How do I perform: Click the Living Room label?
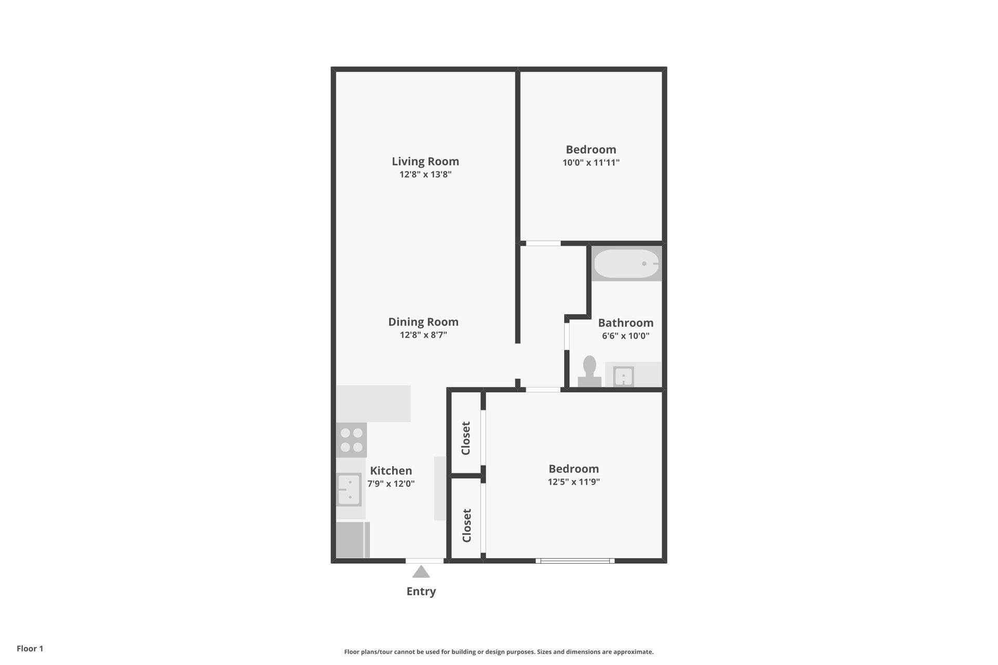(425, 161)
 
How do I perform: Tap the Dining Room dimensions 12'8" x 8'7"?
(423, 335)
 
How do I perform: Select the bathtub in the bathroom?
(626, 263)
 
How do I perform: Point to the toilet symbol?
(589, 371)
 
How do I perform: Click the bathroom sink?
(623, 376)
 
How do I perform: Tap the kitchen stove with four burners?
(351, 440)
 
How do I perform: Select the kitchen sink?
(349, 489)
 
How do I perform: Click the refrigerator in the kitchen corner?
(353, 540)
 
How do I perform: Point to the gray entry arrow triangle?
(421, 572)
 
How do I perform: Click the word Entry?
(421, 591)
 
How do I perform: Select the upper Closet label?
(466, 438)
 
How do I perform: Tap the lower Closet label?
(466, 525)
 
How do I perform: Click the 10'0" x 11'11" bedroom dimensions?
(591, 163)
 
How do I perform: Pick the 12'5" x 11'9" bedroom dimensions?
(574, 482)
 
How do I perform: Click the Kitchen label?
(391, 471)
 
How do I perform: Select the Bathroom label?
(626, 323)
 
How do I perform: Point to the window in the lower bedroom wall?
(575, 561)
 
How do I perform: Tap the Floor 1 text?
(30, 648)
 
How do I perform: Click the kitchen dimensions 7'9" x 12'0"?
(391, 484)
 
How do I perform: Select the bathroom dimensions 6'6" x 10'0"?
(626, 336)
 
